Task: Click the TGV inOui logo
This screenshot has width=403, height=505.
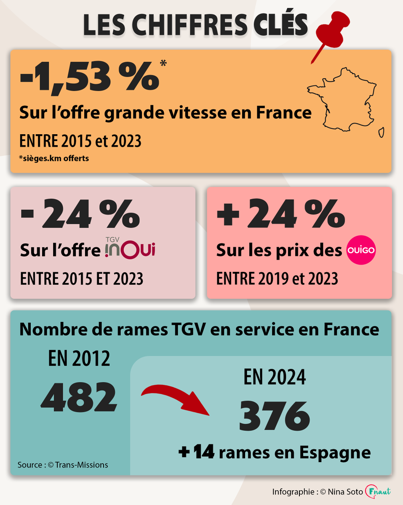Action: (x=130, y=249)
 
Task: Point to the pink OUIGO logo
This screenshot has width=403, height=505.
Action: (x=361, y=250)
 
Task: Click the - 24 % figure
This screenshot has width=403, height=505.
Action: (x=80, y=215)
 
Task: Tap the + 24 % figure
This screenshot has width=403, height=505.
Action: (x=280, y=215)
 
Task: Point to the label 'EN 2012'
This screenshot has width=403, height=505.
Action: (x=79, y=359)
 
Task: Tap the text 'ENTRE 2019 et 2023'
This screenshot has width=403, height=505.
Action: (x=277, y=278)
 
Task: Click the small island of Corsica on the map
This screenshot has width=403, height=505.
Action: (x=381, y=132)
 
